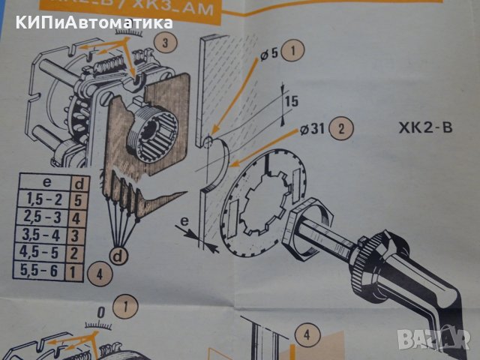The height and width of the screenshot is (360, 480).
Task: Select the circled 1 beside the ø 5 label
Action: coord(295,52)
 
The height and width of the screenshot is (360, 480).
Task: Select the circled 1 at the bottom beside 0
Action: coord(126,306)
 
